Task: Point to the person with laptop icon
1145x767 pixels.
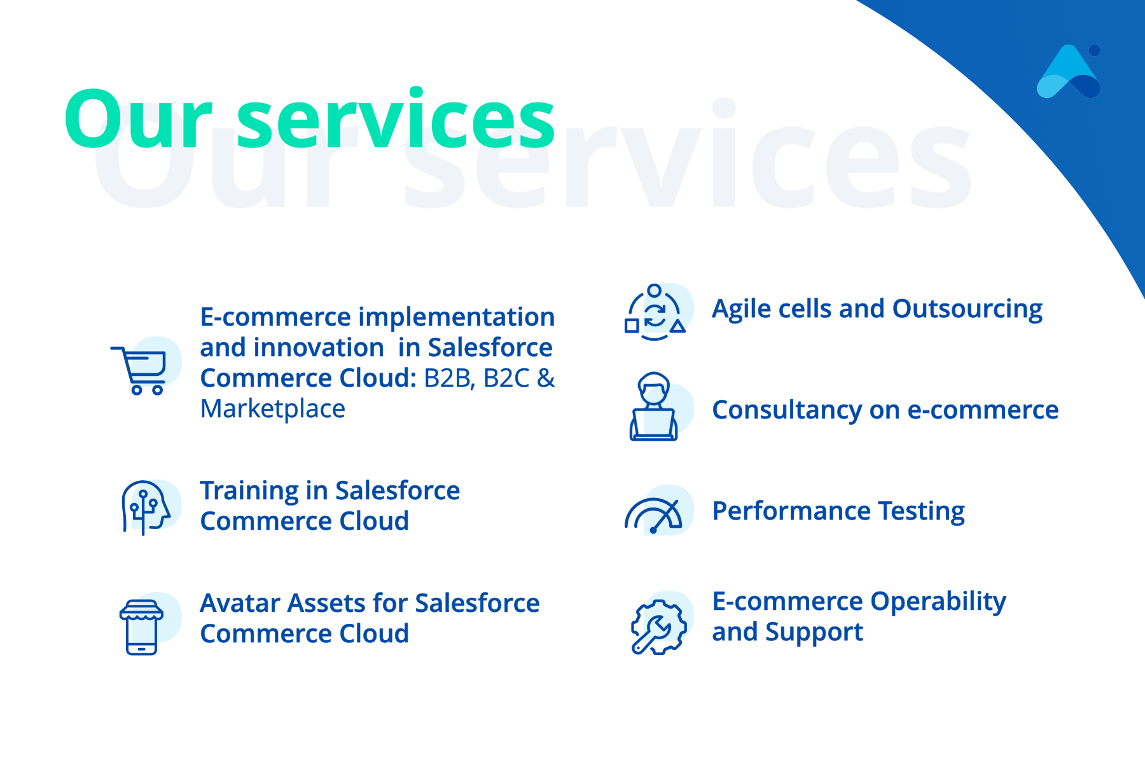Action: [653, 406]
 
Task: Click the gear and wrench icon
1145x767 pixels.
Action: [658, 627]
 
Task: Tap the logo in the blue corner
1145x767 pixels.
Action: [1069, 71]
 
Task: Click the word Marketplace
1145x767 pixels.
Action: [273, 409]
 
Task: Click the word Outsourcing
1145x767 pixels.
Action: [968, 310]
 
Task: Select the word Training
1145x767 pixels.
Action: [249, 492]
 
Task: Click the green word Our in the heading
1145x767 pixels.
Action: [138, 119]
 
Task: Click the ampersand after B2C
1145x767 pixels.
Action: [546, 378]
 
